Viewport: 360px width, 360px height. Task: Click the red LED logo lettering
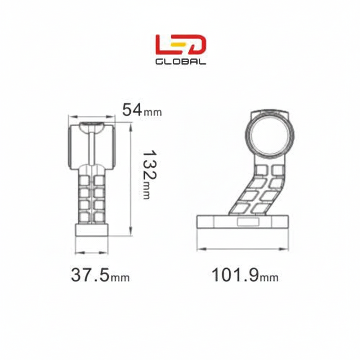click(180, 44)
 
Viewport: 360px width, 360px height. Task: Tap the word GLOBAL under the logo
click(180, 62)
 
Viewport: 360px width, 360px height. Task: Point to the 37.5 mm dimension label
click(100, 275)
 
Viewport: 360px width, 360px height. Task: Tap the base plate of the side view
click(243, 222)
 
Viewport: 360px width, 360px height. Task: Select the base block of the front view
click(92, 230)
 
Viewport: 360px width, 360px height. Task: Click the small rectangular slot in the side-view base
click(248, 222)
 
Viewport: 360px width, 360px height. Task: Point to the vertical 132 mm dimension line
click(130, 179)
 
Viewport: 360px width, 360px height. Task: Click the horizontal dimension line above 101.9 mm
click(243, 249)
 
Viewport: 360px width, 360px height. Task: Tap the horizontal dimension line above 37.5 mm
click(92, 252)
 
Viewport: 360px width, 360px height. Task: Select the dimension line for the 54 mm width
click(92, 117)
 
